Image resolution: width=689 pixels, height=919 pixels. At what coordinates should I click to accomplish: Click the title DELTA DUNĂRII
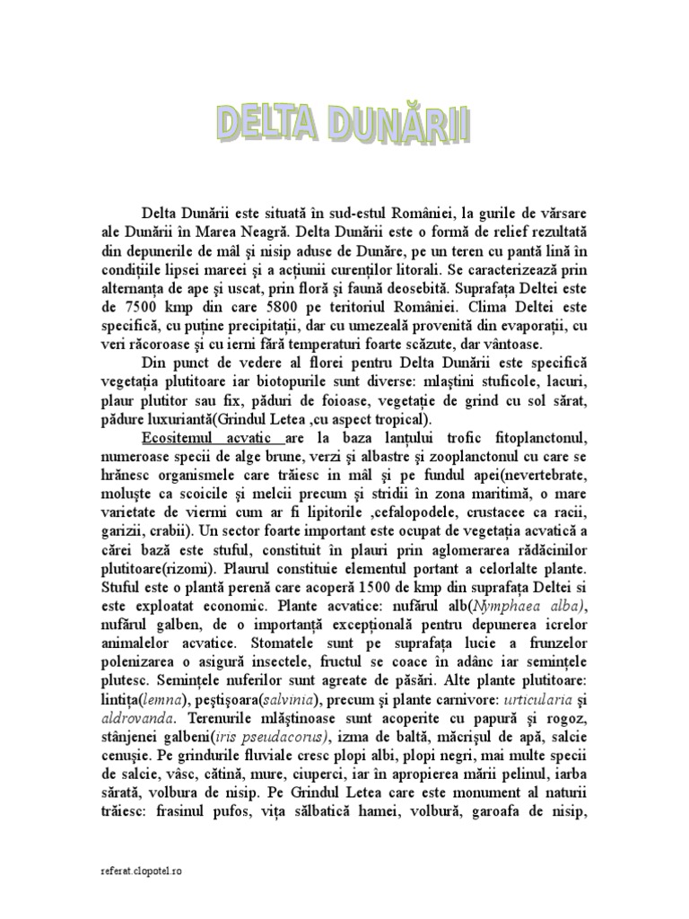point(344,127)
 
